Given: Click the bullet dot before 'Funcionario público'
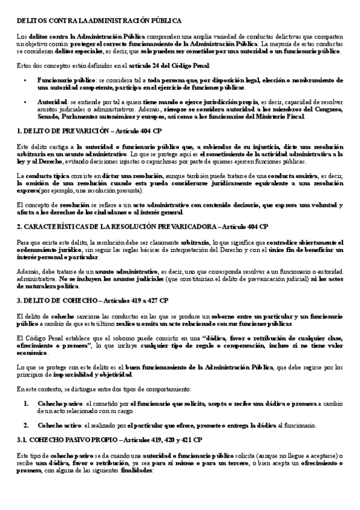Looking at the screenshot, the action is pos(25,80).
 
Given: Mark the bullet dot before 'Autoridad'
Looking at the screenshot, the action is pos(25,102).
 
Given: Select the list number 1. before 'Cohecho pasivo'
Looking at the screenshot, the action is pos(26,404).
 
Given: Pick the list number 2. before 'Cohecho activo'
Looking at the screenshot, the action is pos(26,425).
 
